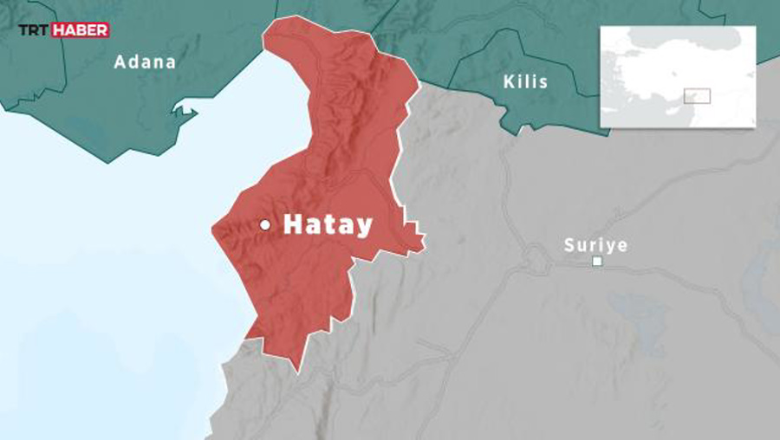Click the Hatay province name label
click(x=328, y=225)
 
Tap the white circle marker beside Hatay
click(x=265, y=225)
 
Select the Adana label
click(x=145, y=62)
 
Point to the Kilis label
click(x=525, y=82)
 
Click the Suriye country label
click(x=595, y=245)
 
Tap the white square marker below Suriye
click(x=596, y=261)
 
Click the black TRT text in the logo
click(x=35, y=30)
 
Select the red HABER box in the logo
click(x=81, y=30)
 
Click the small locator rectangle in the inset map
click(x=697, y=96)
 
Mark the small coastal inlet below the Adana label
click(x=185, y=110)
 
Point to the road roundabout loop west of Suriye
click(x=534, y=257)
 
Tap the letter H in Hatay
click(x=293, y=225)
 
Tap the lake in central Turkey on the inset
click(x=675, y=74)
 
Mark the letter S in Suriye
click(x=569, y=245)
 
